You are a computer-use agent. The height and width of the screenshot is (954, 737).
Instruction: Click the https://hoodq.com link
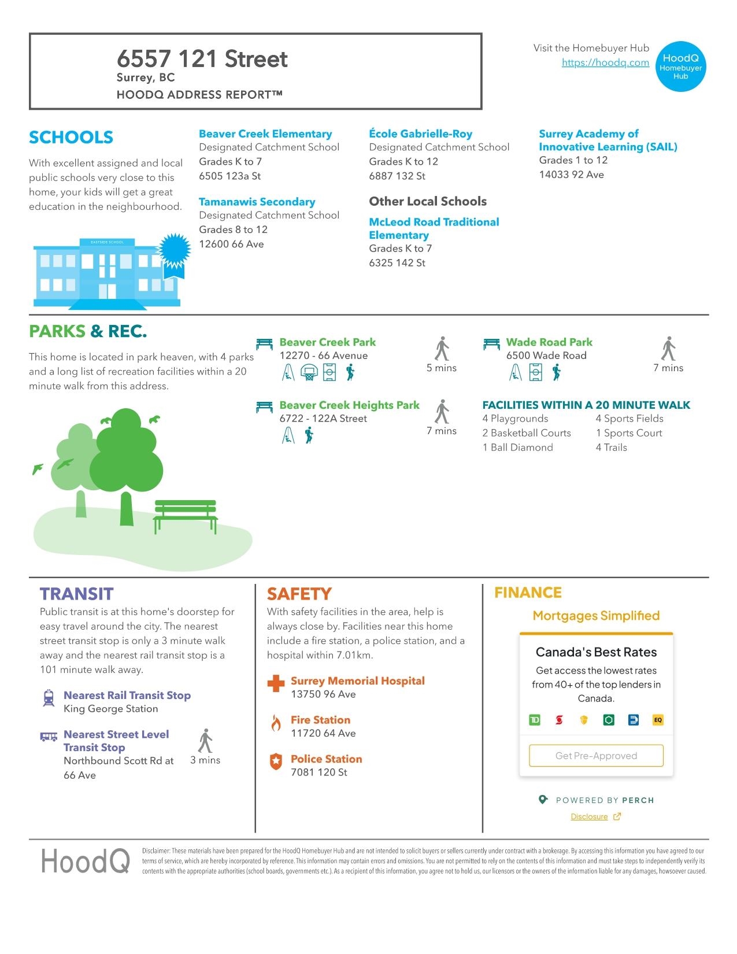pyautogui.click(x=605, y=63)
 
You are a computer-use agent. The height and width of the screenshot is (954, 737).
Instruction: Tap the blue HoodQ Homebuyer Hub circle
pyautogui.click(x=680, y=66)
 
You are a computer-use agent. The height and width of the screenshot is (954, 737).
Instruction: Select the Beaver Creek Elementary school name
pyautogui.click(x=265, y=134)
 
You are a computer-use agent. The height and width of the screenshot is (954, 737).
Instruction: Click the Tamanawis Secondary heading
pyautogui.click(x=257, y=202)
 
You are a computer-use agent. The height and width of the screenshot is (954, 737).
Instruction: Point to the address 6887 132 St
pyautogui.click(x=397, y=176)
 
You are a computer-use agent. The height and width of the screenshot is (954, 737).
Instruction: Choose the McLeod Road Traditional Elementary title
pyautogui.click(x=434, y=228)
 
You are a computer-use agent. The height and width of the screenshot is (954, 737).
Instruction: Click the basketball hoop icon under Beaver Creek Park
pyautogui.click(x=309, y=373)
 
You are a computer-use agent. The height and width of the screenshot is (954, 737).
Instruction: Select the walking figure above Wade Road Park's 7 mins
pyautogui.click(x=668, y=349)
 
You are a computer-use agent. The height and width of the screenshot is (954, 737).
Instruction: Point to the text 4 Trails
pyautogui.click(x=611, y=448)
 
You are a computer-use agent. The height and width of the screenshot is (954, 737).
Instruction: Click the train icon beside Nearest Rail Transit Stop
pyautogui.click(x=49, y=698)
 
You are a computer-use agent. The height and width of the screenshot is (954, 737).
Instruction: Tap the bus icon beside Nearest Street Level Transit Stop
pyautogui.click(x=49, y=737)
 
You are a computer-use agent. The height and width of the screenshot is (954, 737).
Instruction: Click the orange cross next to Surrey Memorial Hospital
pyautogui.click(x=276, y=683)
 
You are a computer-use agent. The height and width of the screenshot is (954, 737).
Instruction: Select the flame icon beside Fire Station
pyautogui.click(x=276, y=723)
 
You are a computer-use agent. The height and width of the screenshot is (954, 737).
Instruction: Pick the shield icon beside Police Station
pyautogui.click(x=276, y=761)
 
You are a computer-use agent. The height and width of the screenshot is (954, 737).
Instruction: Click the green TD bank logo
pyautogui.click(x=535, y=720)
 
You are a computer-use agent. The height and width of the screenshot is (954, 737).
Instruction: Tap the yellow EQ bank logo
pyautogui.click(x=658, y=720)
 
